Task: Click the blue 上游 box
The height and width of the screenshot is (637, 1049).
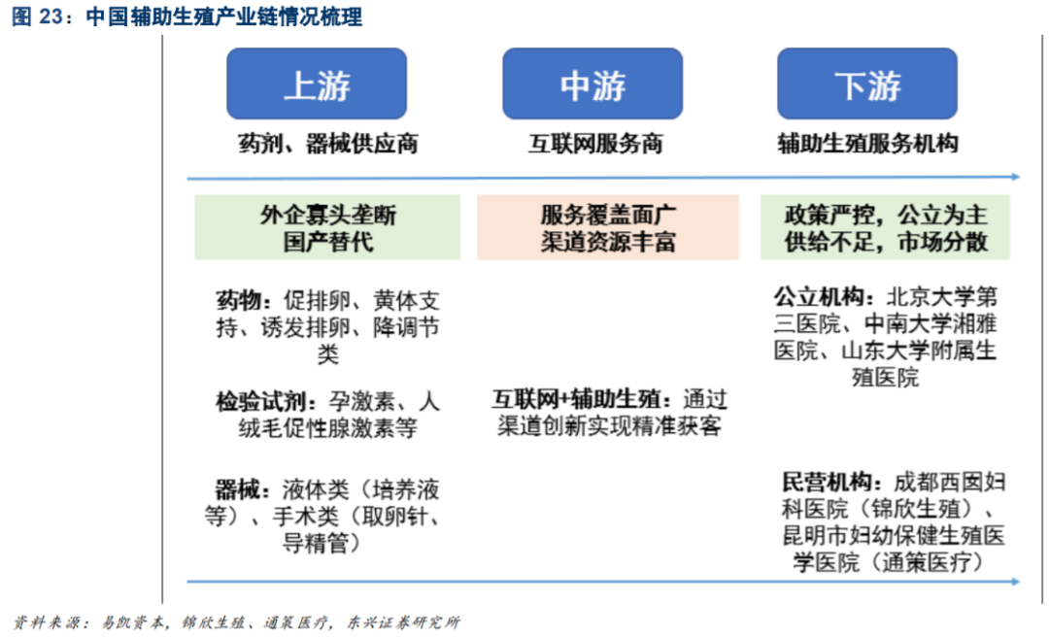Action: [x=317, y=84]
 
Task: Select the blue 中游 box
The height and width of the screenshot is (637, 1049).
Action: [x=592, y=84]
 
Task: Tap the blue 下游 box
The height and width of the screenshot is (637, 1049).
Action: [x=867, y=84]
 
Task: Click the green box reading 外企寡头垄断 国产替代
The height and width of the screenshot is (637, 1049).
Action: [x=328, y=227]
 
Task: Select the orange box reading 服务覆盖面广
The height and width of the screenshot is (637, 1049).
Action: [x=608, y=227]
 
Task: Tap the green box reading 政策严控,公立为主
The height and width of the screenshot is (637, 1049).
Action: [x=885, y=227]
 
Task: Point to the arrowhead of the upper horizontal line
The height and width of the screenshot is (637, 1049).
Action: [x=1014, y=177]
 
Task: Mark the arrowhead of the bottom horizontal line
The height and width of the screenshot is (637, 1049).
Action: [x=1014, y=582]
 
